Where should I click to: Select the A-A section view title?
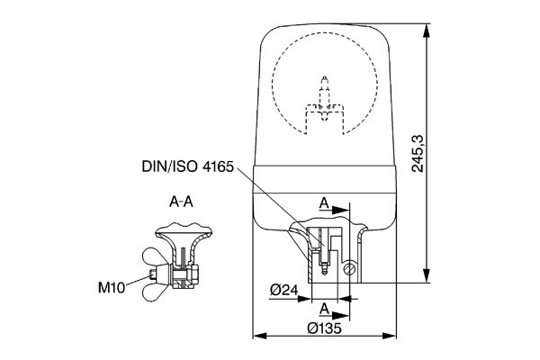pyautogui.click(x=181, y=202)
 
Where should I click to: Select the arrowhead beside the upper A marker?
pyautogui.click(x=344, y=212)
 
